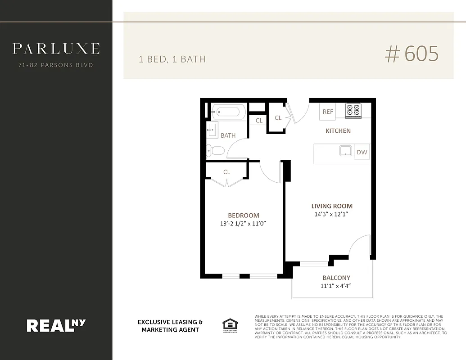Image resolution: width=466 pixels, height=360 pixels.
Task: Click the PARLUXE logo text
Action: coord(56,48)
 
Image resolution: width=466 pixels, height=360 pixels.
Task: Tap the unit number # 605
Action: coord(412,54)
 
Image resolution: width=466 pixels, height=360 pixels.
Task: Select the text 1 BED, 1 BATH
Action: coord(172,59)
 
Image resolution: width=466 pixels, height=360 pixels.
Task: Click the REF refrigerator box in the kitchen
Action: coord(328,112)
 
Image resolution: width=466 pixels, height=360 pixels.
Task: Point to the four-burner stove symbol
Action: coord(353,110)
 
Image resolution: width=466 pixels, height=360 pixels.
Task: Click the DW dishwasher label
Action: coord(362,152)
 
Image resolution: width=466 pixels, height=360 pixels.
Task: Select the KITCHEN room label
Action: coord(338,131)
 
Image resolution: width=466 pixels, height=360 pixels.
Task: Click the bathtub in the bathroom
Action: coord(228,112)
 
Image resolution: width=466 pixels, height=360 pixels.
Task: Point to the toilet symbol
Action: coord(215,150)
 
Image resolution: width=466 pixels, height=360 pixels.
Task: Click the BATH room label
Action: coord(228,135)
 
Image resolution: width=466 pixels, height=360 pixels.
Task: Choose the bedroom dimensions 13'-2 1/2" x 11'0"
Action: coord(244,223)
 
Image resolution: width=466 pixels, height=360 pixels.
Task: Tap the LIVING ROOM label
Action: coord(332,206)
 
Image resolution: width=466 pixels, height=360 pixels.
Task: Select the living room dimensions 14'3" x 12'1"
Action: coord(332,214)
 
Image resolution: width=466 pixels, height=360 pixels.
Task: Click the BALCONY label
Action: coord(336,278)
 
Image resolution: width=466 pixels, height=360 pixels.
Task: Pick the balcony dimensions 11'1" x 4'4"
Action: coord(336,286)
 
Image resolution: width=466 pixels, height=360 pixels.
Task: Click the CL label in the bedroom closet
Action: coord(226,172)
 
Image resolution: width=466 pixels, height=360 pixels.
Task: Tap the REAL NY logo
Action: coord(56,325)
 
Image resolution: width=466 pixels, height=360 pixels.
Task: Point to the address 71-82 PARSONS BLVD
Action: coord(56,65)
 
